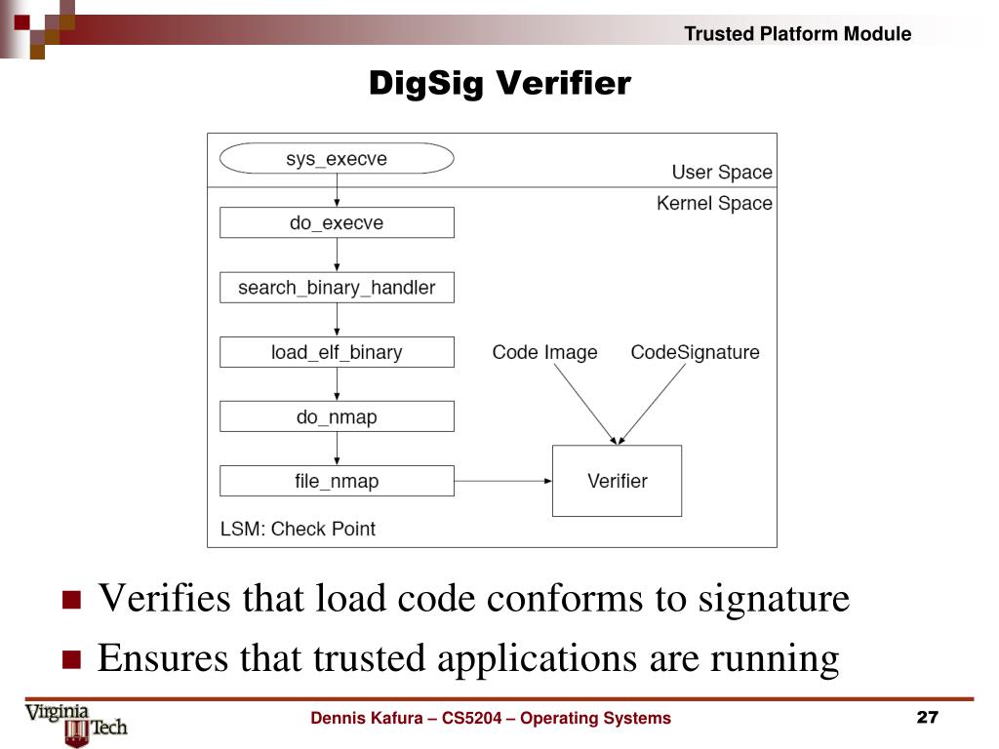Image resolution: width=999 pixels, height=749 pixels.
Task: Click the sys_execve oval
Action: coord(337,159)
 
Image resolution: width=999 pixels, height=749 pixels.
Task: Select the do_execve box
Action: coord(337,222)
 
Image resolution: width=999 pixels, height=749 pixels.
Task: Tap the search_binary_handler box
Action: coord(337,288)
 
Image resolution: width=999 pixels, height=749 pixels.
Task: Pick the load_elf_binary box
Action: coord(337,352)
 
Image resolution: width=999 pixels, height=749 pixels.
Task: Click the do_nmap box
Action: coord(337,416)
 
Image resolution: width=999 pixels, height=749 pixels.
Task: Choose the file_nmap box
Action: coord(337,481)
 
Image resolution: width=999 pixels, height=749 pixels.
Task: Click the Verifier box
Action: coord(617,481)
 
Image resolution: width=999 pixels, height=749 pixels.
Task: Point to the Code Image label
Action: coord(544,352)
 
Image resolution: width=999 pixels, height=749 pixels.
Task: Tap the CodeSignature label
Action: coord(695,352)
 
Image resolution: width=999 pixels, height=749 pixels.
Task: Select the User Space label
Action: coord(721,173)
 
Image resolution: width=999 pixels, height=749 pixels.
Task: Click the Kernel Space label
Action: coord(714,204)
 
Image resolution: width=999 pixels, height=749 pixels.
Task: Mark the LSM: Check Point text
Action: coord(298,529)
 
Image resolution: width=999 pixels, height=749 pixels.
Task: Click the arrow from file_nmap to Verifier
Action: coord(502,481)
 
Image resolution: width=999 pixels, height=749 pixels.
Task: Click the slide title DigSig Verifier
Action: coord(499,84)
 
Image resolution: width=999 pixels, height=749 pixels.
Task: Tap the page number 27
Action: coord(927,719)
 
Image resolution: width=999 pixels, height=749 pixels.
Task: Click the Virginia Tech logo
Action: coord(77,723)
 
